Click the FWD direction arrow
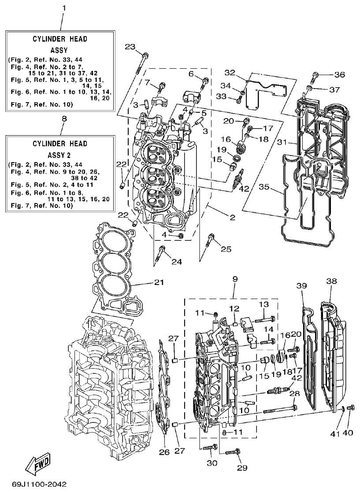point(37,463)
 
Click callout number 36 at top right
point(339,74)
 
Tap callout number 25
point(226,249)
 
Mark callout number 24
point(176,262)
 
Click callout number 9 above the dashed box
point(234,279)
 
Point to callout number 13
point(264,305)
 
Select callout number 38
point(332,281)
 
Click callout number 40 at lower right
point(348,433)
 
